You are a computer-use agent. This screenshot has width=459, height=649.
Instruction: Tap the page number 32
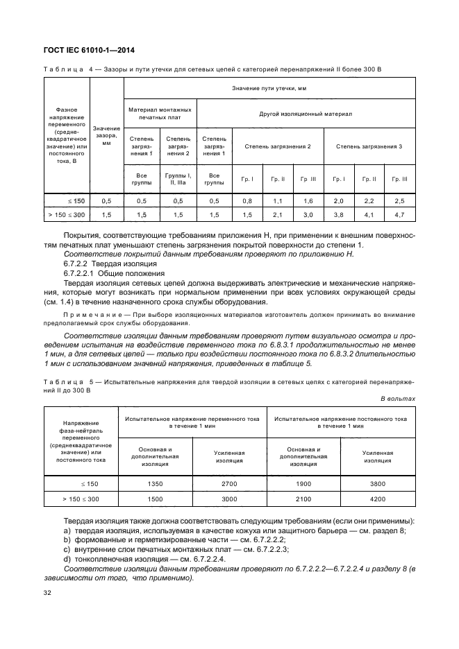[48, 593]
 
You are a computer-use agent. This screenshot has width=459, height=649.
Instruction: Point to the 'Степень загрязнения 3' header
[369, 146]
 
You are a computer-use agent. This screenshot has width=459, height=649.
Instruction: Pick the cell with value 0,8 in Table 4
[247, 200]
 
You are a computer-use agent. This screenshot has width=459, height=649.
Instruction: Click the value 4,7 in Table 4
[399, 216]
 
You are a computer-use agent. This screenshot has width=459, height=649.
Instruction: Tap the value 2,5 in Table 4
[399, 200]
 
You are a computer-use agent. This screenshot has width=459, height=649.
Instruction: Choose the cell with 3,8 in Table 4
[338, 216]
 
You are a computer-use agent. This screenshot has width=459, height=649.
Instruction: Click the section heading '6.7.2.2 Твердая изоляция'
[110, 264]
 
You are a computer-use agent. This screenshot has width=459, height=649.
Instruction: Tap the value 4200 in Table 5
[378, 499]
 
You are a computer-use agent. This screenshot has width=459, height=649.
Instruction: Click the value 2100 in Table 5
[303, 499]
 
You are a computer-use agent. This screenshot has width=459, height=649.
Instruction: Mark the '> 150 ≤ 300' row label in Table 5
[80, 499]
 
